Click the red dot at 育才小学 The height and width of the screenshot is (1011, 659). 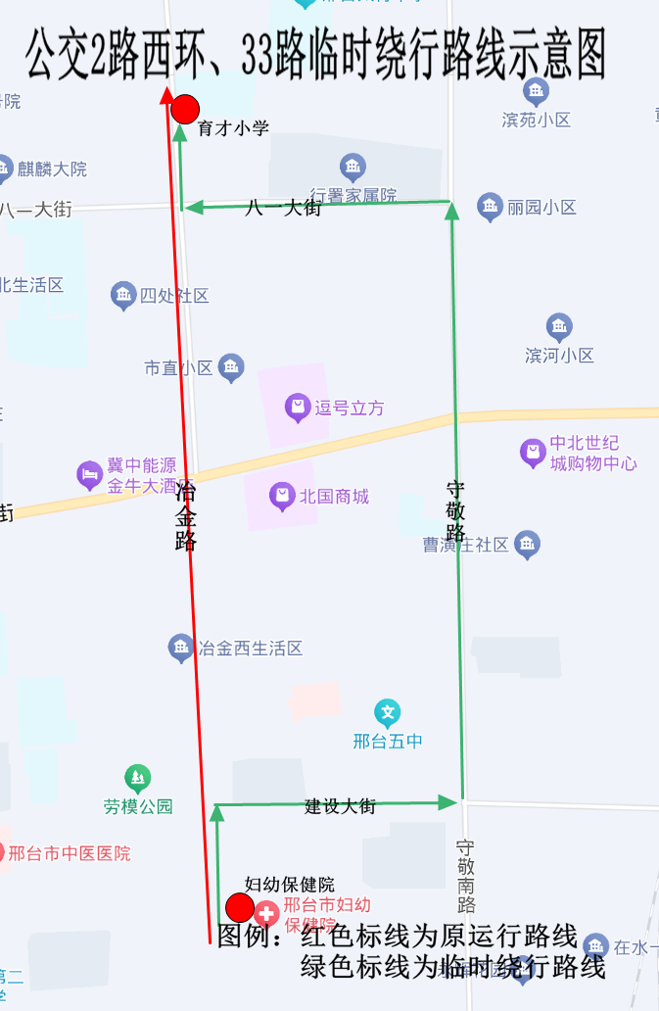pos(185,109)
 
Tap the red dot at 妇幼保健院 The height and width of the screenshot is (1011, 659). pos(240,908)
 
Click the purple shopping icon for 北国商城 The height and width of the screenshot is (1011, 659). pos(282,497)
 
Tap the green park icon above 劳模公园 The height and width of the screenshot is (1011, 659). pos(138,779)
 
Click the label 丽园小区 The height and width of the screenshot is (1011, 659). pos(541,208)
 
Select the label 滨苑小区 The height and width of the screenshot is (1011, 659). pos(536,120)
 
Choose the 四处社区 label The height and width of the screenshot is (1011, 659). pos(174,296)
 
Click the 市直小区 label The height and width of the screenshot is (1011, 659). pos(178,368)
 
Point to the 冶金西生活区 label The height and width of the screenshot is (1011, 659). pos(250,648)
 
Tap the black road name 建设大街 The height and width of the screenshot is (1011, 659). pos(340,806)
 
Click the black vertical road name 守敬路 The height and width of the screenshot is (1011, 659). pos(455,510)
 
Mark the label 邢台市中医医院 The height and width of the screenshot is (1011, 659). pos(69,853)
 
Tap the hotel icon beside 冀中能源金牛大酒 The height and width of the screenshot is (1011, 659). pos(90,476)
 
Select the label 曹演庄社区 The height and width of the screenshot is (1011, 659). pos(466,545)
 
